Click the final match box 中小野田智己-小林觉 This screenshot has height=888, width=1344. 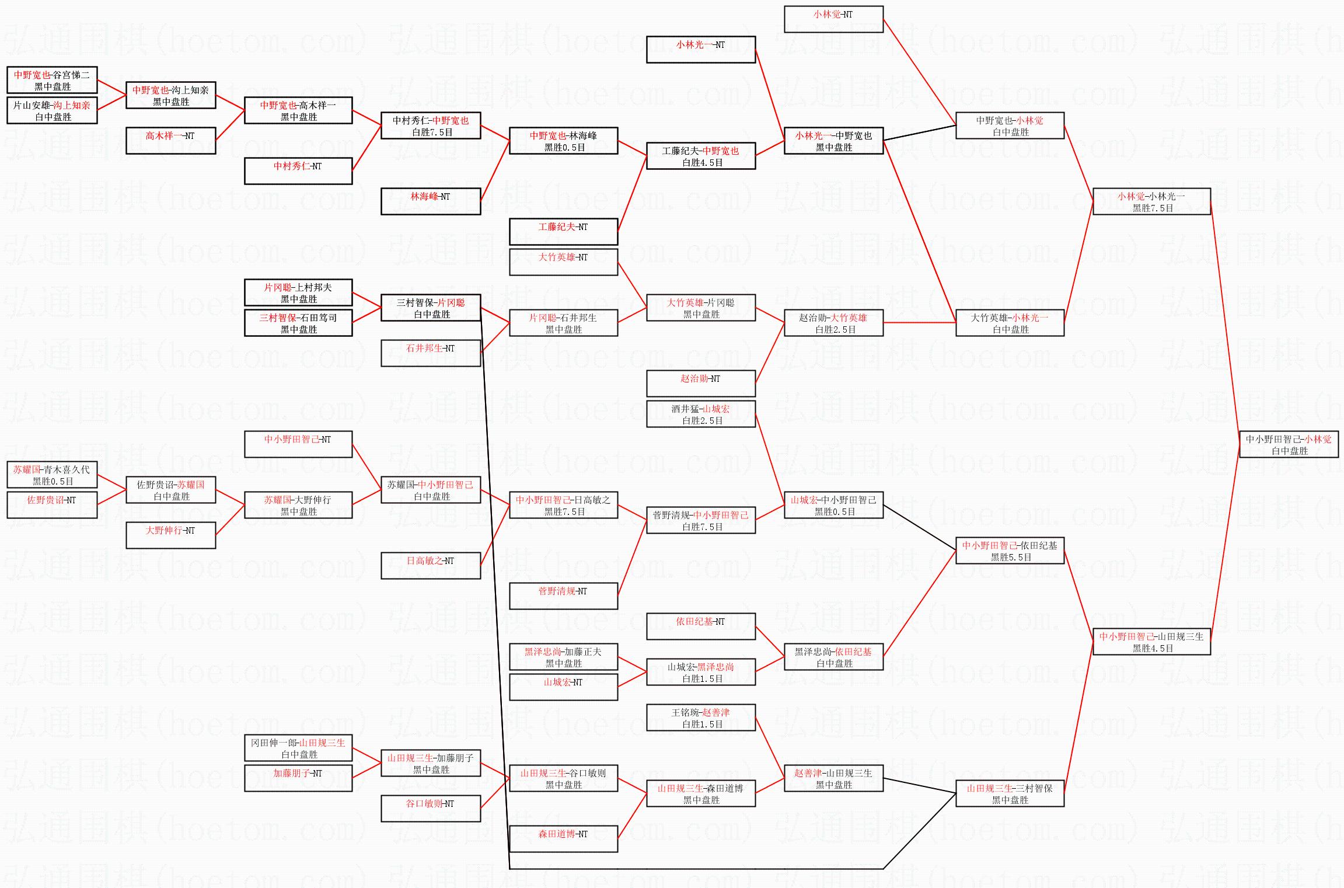pyautogui.click(x=1289, y=444)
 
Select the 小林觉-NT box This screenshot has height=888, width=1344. pyautogui.click(x=833, y=19)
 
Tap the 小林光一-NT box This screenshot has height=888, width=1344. pyautogui.click(x=700, y=50)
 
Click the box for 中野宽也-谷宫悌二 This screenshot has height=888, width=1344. pyautogui.click(x=52, y=80)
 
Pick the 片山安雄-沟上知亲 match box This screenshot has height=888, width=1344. pyautogui.click(x=52, y=110)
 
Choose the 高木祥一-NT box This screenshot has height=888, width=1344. pyautogui.click(x=170, y=141)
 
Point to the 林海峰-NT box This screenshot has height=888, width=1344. pyautogui.click(x=431, y=201)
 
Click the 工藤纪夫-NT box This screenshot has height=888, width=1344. pyautogui.click(x=563, y=232)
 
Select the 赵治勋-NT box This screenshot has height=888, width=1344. pyautogui.click(x=700, y=384)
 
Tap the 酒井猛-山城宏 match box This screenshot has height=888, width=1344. pyautogui.click(x=700, y=414)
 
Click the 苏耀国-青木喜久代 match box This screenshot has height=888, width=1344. pyautogui.click(x=52, y=475)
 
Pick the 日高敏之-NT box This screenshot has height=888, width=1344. pyautogui.click(x=431, y=566)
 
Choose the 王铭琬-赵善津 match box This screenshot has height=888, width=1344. pyautogui.click(x=700, y=718)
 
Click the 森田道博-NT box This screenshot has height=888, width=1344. pyautogui.click(x=563, y=839)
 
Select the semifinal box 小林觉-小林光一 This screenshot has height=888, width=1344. pyautogui.click(x=1151, y=201)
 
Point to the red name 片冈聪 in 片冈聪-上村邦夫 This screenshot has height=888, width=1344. pyautogui.click(x=278, y=287)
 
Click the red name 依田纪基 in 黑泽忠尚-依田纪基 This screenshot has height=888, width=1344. pyautogui.click(x=853, y=652)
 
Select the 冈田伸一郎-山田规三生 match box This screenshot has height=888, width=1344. pyautogui.click(x=298, y=748)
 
